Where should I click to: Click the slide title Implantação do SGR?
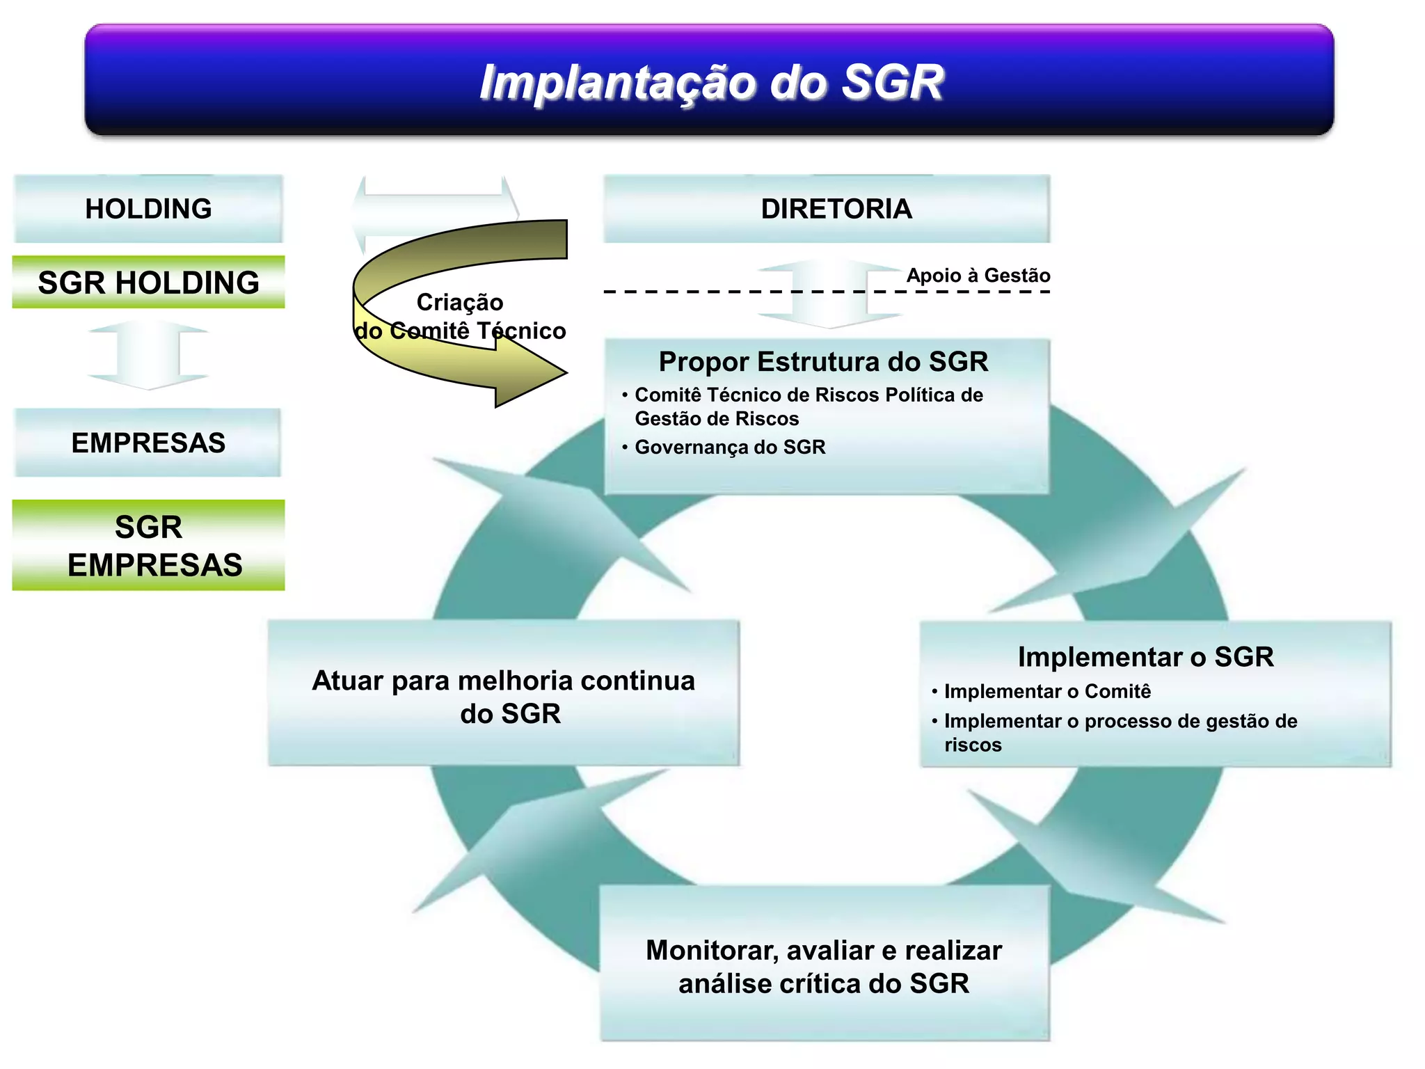[711, 82]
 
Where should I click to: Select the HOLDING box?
[148, 209]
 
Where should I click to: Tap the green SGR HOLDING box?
[148, 283]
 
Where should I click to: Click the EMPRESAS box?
[148, 443]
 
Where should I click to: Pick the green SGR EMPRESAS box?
[148, 546]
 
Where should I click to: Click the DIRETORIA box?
[827, 209]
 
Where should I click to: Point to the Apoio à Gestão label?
[978, 276]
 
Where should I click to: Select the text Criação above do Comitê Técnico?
[459, 302]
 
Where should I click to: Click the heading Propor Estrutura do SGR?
[823, 362]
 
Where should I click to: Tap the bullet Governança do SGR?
[729, 447]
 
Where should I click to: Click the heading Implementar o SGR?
[1145, 657]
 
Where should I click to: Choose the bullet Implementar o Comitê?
[1046, 691]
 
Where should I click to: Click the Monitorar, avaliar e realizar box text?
[824, 966]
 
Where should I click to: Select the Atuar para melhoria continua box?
[503, 696]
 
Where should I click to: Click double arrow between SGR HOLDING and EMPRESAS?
[148, 355]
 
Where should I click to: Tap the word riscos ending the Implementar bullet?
[973, 745]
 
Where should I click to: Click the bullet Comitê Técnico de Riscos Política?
[809, 395]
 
